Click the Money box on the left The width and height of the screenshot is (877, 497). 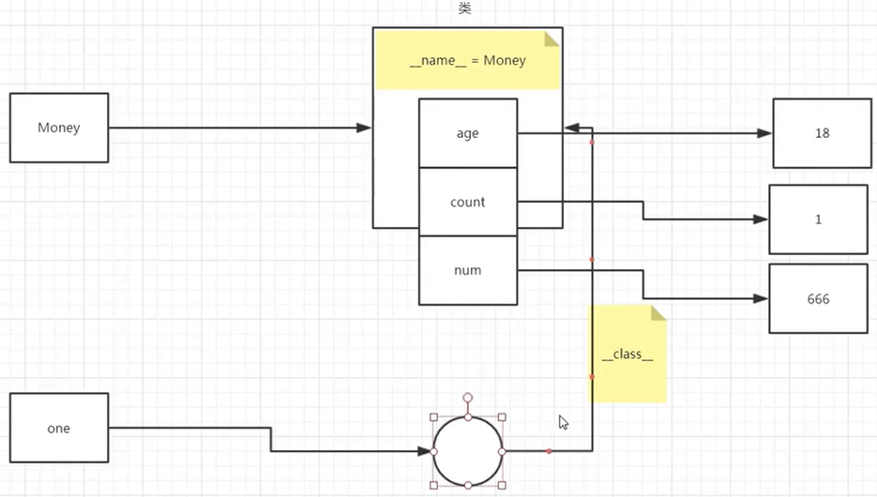(59, 128)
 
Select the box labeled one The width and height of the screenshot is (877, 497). (59, 429)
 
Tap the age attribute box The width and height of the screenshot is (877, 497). (467, 133)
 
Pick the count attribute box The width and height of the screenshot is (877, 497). (467, 202)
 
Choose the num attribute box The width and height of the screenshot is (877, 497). (467, 270)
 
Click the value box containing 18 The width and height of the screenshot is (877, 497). (822, 133)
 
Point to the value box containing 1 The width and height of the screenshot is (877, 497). (818, 219)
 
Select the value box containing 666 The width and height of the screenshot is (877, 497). (818, 299)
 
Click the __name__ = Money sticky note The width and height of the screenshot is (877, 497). (467, 61)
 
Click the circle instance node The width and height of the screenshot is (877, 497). (467, 451)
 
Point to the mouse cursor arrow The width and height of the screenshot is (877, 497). (563, 421)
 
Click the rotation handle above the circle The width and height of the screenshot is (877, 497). (467, 398)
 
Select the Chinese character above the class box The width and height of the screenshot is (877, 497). (464, 8)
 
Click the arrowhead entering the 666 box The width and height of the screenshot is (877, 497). (762, 299)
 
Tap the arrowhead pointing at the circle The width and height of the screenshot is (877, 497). (425, 451)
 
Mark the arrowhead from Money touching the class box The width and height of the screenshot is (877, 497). (365, 128)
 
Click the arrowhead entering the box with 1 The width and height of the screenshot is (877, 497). (762, 219)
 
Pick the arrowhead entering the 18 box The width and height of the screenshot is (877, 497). (765, 133)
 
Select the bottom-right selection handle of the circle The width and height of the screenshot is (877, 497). (502, 485)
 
